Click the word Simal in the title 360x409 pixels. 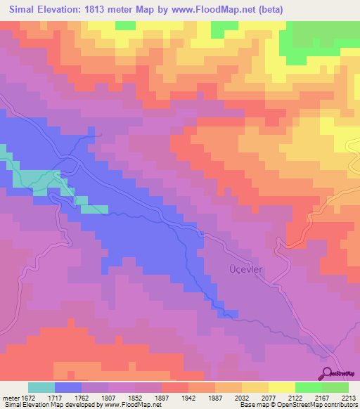tap(22, 10)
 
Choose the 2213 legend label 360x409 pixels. tap(349, 398)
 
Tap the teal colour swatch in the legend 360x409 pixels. tap(41, 387)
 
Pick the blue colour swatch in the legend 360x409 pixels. tap(68, 387)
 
